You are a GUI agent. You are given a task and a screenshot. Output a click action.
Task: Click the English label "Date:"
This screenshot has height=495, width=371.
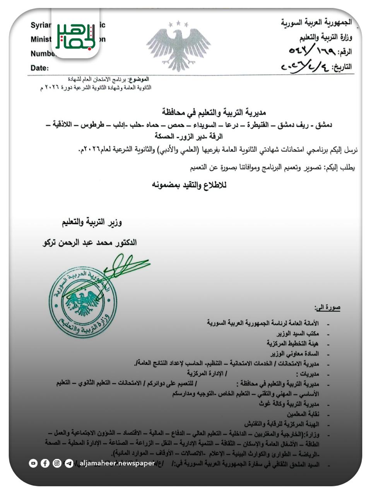(x=40, y=68)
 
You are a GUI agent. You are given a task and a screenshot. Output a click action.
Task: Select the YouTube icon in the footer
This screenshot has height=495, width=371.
(x=33, y=463)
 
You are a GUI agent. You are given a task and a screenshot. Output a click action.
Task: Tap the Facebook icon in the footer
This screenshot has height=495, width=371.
(x=45, y=463)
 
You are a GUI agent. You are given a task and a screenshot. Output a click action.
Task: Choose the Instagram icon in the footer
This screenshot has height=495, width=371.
(x=57, y=463)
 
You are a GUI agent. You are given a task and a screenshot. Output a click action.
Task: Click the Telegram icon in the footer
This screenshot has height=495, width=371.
(x=69, y=463)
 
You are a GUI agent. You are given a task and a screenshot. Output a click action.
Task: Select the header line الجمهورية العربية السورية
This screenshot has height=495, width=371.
(x=316, y=22)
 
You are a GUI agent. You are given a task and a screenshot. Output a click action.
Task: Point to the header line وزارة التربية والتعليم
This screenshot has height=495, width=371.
(x=325, y=37)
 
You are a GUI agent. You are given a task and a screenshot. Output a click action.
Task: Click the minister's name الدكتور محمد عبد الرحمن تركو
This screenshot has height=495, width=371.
(x=89, y=243)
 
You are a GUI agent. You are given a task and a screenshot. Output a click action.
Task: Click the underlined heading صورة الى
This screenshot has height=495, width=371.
(x=327, y=308)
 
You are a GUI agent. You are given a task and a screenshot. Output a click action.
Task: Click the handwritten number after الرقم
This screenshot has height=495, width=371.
(x=309, y=51)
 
